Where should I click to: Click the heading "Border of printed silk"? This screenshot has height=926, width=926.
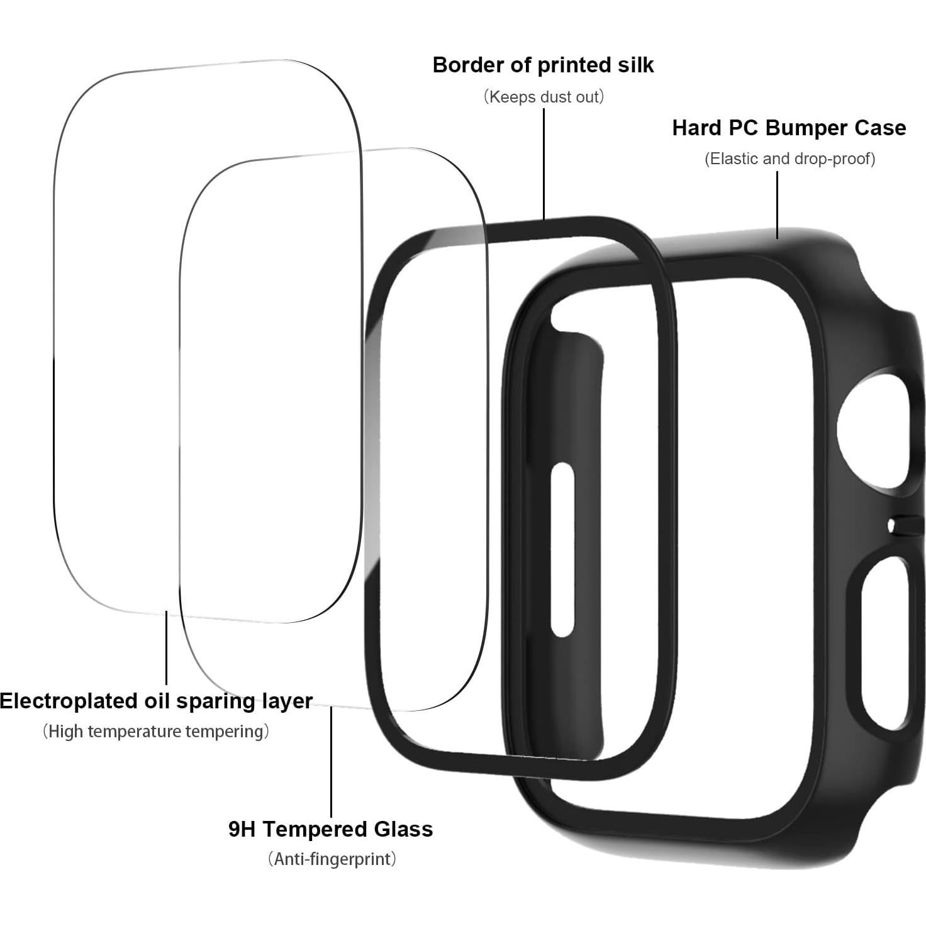[x=543, y=65]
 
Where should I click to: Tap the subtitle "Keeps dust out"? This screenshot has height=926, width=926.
[x=544, y=97]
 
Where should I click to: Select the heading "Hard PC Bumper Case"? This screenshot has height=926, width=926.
[x=789, y=128]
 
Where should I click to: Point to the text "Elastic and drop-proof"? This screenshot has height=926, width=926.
[x=789, y=159]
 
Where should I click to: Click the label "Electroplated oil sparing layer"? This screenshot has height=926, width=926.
[x=156, y=701]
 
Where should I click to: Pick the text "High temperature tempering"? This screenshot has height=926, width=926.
[x=156, y=732]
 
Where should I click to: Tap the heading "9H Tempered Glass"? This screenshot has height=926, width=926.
[x=330, y=829]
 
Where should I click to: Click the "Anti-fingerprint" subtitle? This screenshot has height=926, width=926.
[x=332, y=859]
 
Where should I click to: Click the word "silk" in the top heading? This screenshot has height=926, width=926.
[x=635, y=65]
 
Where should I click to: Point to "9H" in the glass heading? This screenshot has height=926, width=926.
[x=242, y=829]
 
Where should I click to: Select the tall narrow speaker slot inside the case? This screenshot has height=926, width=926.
[x=562, y=550]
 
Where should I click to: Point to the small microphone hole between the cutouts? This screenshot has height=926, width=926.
[x=892, y=525]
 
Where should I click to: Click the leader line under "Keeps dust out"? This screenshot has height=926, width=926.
[x=544, y=164]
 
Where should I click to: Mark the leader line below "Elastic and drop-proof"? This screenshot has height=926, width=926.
[x=778, y=204]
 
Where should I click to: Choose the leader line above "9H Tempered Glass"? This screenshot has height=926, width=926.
[x=332, y=761]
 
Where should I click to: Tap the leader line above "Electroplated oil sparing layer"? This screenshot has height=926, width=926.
[x=166, y=648]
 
